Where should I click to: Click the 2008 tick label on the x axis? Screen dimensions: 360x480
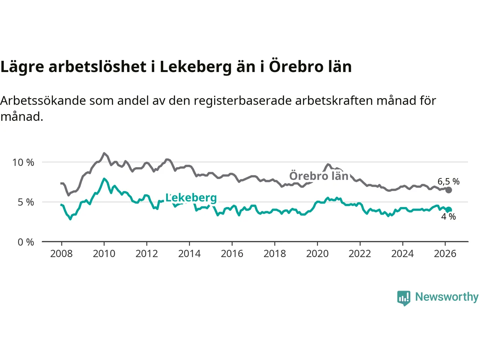click(x=61, y=254)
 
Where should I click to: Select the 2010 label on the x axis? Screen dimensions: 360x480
click(x=104, y=254)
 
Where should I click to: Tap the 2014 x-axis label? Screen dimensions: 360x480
click(x=189, y=254)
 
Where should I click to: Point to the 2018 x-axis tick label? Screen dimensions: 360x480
click(x=274, y=254)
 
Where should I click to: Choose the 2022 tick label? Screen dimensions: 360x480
click(x=360, y=254)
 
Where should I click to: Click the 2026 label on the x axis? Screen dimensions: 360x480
click(x=445, y=254)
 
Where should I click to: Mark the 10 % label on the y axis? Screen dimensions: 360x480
click(x=23, y=162)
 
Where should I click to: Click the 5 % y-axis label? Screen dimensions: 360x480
click(x=26, y=202)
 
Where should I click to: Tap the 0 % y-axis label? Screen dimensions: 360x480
click(x=26, y=242)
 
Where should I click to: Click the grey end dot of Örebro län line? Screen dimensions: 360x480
click(x=448, y=190)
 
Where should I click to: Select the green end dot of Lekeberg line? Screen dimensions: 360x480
click(x=448, y=210)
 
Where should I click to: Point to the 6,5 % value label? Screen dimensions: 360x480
click(x=448, y=181)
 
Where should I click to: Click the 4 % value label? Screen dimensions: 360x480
click(x=448, y=217)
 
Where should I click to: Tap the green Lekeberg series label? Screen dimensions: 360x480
click(x=191, y=198)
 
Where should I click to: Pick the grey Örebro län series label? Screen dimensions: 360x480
click(x=319, y=176)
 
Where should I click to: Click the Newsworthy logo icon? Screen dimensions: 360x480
click(x=404, y=298)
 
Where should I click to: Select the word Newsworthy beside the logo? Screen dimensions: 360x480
click(x=447, y=297)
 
